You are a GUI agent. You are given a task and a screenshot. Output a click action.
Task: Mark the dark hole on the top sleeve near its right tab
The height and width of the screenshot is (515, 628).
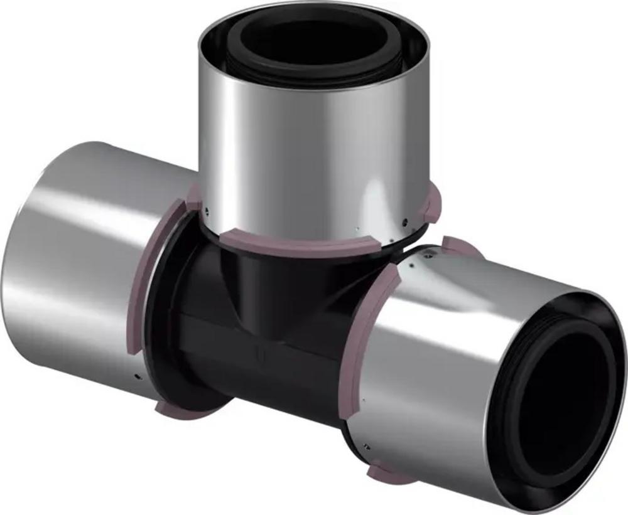click(406, 220)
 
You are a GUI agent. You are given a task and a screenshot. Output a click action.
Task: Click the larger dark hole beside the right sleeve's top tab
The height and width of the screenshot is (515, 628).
click(430, 255)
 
